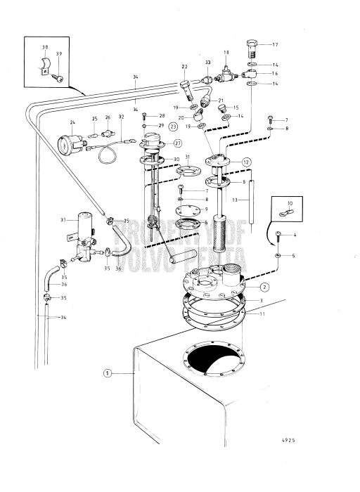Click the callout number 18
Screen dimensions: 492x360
pyautogui.click(x=226, y=53)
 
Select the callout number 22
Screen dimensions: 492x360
pyautogui.click(x=185, y=67)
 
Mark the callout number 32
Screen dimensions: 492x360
pyautogui.click(x=121, y=117)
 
